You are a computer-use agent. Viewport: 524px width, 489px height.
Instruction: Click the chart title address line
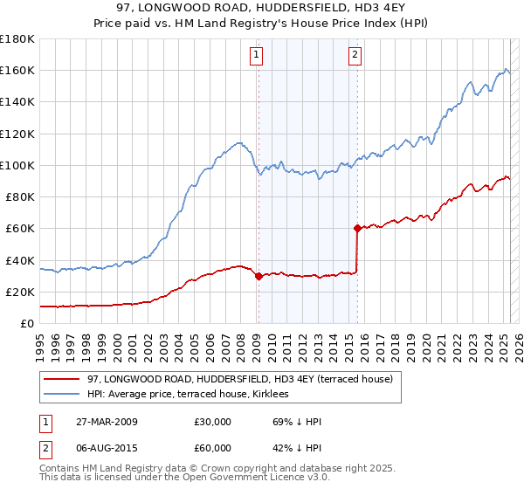pos(262,10)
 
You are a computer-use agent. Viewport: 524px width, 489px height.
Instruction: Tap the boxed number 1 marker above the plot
pos(258,55)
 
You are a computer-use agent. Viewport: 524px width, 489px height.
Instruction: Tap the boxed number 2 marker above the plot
pos(355,55)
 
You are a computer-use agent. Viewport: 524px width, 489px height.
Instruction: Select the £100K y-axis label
pos(17,165)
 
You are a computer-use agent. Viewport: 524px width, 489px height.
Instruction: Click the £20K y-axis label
pos(19,292)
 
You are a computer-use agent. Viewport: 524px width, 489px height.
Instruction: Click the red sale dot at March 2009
pos(259,276)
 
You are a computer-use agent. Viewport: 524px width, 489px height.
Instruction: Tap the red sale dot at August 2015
pos(357,229)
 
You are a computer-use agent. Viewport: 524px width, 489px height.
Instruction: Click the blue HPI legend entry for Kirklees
pos(193,395)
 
